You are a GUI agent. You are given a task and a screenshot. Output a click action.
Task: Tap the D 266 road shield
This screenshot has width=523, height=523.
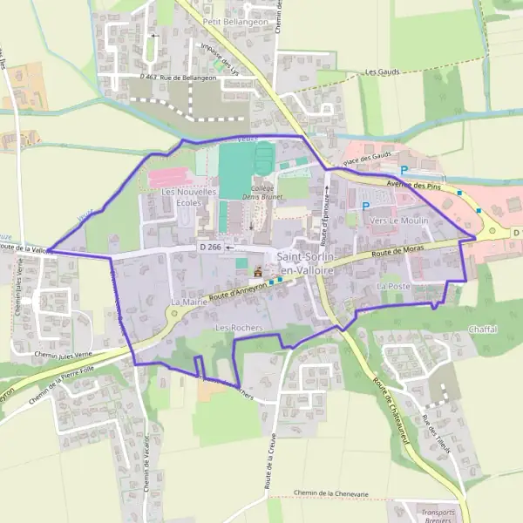point(209,248)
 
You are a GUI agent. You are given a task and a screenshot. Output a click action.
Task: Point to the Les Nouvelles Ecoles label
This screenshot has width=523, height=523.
point(188,197)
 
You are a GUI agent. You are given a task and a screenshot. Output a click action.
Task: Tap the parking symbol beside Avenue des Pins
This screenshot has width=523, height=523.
point(403,171)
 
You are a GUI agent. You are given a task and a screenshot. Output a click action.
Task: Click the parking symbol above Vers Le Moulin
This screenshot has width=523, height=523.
point(365,206)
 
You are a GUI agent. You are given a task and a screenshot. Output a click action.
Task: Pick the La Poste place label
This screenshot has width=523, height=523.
point(393,286)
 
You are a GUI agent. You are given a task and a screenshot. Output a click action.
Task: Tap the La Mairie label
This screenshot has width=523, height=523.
point(187,302)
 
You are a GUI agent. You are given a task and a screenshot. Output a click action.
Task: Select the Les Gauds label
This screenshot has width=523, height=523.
point(383,72)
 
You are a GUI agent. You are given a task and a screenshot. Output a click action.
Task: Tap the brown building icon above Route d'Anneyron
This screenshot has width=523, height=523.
point(257,271)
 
